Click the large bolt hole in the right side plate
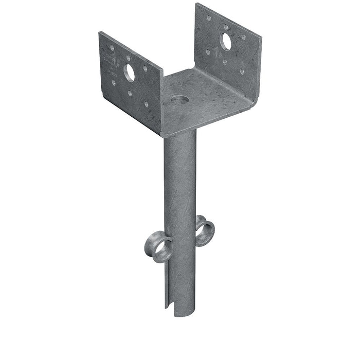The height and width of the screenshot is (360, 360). tap(226, 42)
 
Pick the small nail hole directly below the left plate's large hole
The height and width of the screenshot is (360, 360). tap(130, 93)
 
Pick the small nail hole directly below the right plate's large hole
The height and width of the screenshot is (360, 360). tap(225, 62)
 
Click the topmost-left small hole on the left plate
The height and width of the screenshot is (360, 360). tap(112, 48)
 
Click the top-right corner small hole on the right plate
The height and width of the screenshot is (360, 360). tap(243, 37)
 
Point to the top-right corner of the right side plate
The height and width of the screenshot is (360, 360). tap(261, 38)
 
